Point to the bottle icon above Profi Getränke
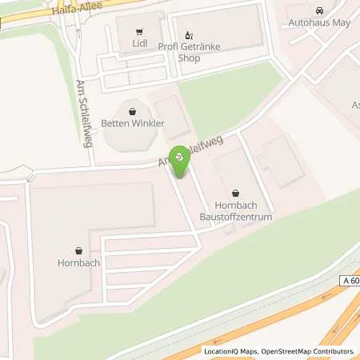coord(189,34)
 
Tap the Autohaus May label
coord(319,23)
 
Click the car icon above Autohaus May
coord(320,10)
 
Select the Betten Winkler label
coord(132,124)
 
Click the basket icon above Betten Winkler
coord(132,111)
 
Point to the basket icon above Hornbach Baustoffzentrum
coord(235,192)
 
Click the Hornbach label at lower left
coord(77,261)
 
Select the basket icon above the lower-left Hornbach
coord(78,248)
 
